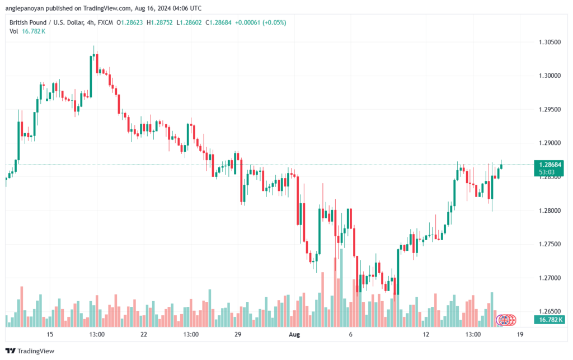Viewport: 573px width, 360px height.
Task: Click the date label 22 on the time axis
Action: [144, 334]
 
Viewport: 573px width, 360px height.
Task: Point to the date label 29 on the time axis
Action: [238, 334]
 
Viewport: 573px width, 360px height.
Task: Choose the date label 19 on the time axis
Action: [520, 334]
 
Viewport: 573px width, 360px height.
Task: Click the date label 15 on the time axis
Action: [50, 334]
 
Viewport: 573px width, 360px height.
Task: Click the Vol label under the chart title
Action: [14, 31]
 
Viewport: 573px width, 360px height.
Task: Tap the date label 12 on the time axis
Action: [426, 334]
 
